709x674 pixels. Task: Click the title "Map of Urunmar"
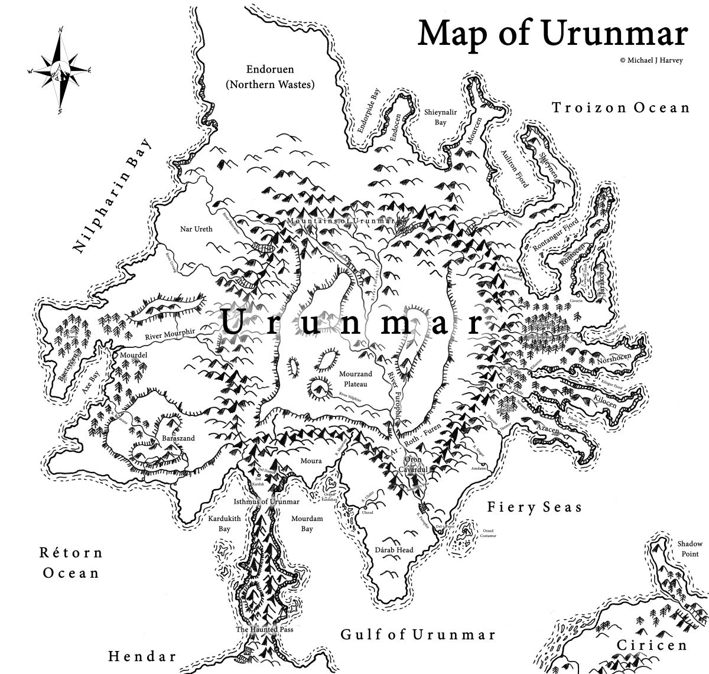click(x=552, y=34)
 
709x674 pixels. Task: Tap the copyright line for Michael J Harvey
click(x=651, y=60)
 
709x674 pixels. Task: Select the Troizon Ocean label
click(x=620, y=108)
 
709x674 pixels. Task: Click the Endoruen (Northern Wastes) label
click(x=270, y=77)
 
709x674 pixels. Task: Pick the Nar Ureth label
click(x=195, y=228)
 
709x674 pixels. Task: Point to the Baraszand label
click(x=178, y=438)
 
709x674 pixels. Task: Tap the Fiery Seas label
click(x=535, y=507)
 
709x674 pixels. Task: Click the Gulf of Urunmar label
click(x=418, y=634)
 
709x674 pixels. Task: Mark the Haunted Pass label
click(x=264, y=630)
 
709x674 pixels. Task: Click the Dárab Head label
click(x=394, y=550)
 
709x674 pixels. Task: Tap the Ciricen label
click(x=652, y=645)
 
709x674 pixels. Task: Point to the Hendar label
click(x=142, y=656)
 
